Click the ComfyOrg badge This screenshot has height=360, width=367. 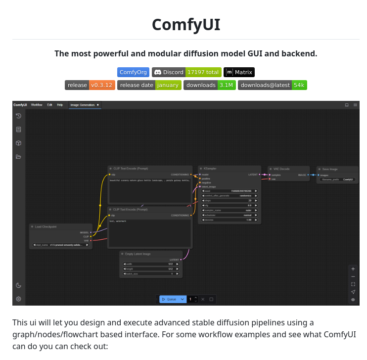[133, 72]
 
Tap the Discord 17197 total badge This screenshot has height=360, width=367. [186, 72]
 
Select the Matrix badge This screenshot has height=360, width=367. [239, 72]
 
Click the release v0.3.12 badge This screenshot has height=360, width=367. [90, 85]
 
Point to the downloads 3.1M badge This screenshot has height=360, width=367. [209, 85]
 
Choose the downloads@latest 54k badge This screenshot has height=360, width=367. [272, 85]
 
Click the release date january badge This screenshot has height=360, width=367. [149, 85]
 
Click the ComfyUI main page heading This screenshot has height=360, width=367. [185, 24]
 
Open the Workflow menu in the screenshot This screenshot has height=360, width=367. [37, 105]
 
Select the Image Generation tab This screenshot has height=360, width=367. [83, 105]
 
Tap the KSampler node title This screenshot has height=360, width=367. [210, 169]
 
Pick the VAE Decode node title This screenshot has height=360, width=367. [281, 169]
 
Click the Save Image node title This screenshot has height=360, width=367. [330, 169]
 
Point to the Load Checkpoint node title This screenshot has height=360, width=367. [46, 227]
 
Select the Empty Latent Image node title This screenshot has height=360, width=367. [138, 254]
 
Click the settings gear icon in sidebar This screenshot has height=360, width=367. [19, 299]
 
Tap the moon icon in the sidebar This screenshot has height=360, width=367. [19, 285]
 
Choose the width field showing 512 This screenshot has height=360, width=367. [151, 264]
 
